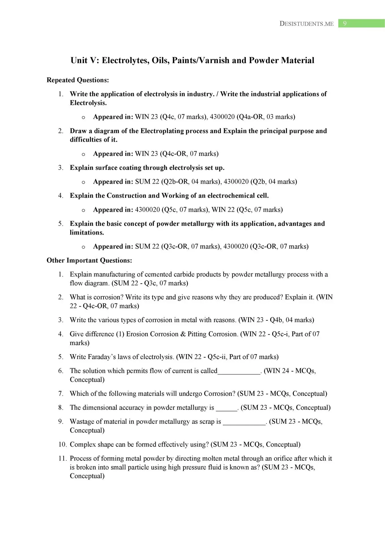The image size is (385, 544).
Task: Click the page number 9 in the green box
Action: tap(345, 24)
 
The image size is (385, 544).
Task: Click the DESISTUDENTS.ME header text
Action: tap(306, 24)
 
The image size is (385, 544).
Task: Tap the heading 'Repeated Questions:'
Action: tap(78, 80)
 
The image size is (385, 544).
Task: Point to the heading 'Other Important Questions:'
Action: tap(89, 260)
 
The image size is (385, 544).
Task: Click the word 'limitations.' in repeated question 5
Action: tap(87, 233)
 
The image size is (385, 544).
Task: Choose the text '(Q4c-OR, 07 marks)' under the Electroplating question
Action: tap(189, 154)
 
